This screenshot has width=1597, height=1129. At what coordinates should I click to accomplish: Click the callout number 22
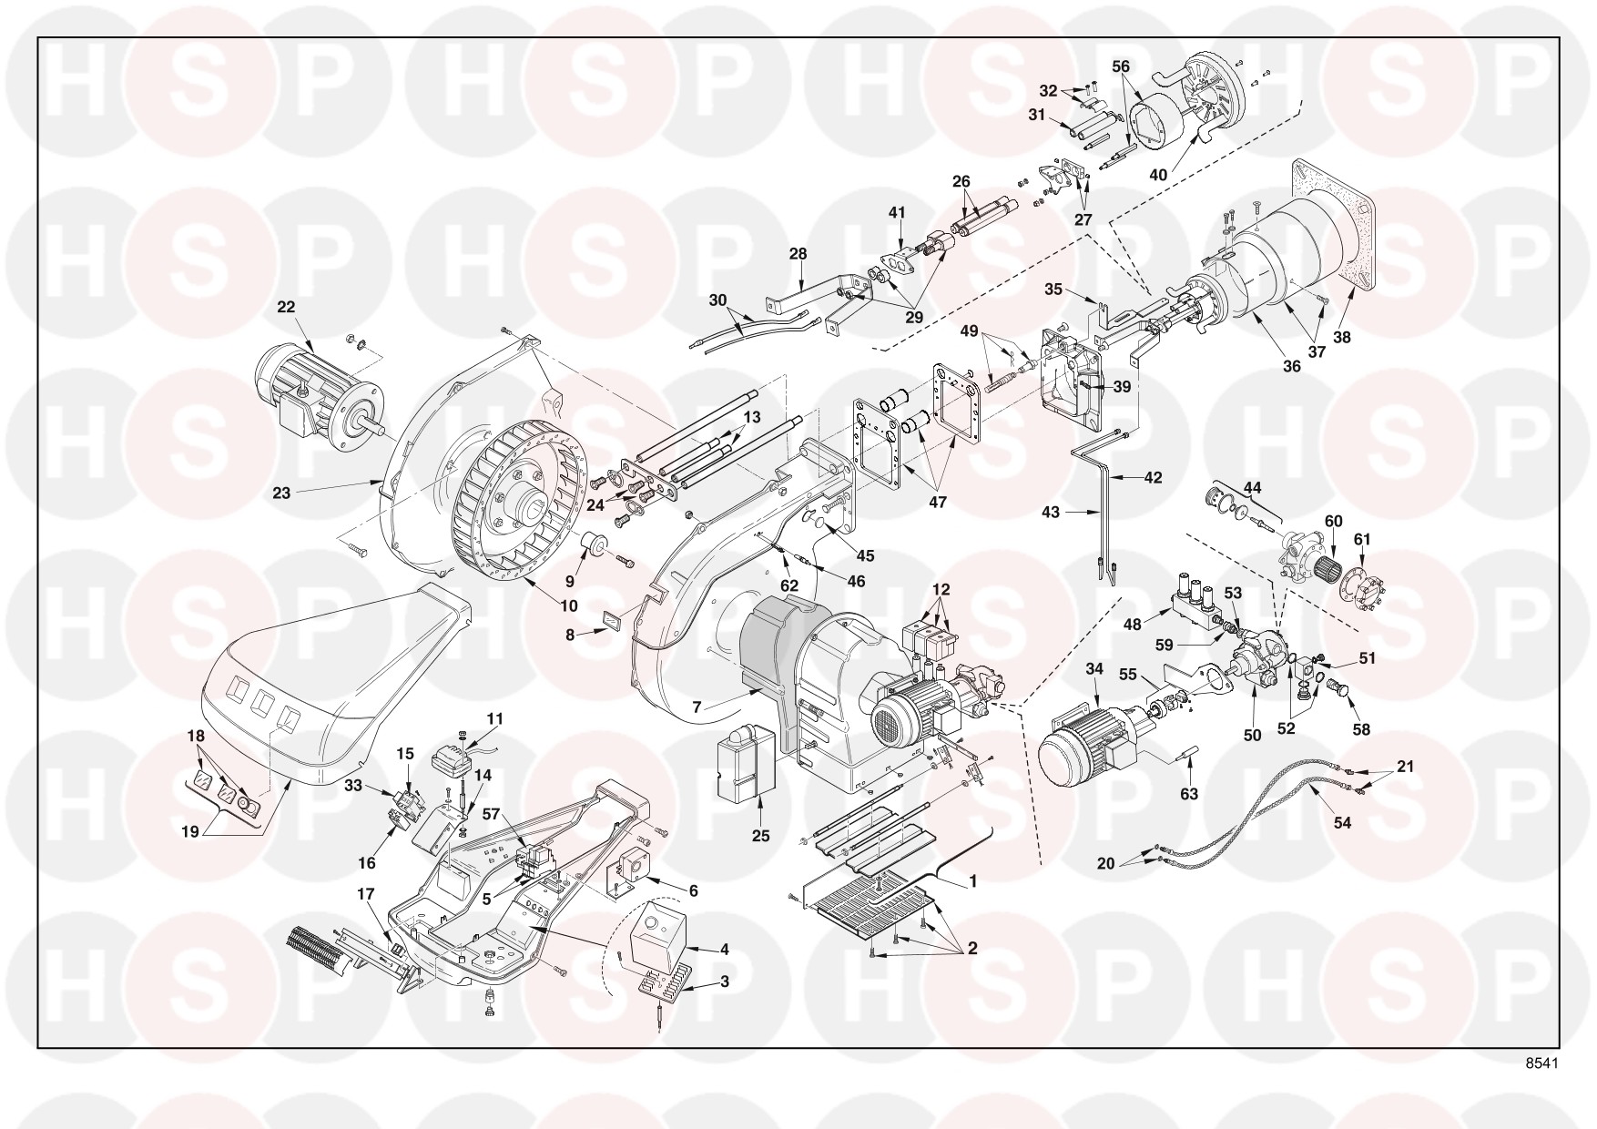point(286,308)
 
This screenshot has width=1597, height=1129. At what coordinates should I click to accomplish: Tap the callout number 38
point(1342,337)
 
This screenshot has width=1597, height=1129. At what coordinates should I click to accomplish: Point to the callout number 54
point(1342,822)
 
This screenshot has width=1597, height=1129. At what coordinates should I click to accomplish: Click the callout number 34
point(1094,669)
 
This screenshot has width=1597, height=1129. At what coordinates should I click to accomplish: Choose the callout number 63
point(1189,794)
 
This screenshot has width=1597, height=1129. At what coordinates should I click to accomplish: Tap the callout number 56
point(1121,66)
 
